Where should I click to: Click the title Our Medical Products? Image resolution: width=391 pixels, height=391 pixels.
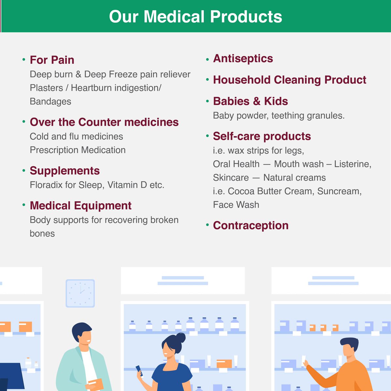(x=195, y=16)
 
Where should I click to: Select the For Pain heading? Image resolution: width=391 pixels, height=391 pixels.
(x=52, y=60)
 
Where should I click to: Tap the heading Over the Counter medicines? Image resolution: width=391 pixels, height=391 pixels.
(x=104, y=122)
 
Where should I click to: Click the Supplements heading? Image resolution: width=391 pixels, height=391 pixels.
(x=65, y=171)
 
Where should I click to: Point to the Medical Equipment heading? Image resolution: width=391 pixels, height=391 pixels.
(x=80, y=206)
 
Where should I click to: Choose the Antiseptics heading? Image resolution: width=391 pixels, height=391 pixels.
(x=243, y=59)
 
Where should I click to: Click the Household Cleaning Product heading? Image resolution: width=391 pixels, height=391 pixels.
(x=289, y=80)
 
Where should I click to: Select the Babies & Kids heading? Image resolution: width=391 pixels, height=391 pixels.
(x=250, y=101)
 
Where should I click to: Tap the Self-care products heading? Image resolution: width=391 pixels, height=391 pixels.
(x=262, y=136)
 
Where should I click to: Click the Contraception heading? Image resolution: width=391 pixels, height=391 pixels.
(x=251, y=225)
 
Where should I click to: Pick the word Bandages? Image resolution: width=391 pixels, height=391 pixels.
(x=50, y=102)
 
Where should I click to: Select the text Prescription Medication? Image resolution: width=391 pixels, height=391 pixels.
(x=78, y=150)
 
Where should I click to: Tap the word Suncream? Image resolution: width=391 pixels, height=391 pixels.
(x=339, y=191)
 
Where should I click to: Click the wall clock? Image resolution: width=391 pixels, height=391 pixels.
(x=80, y=293)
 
